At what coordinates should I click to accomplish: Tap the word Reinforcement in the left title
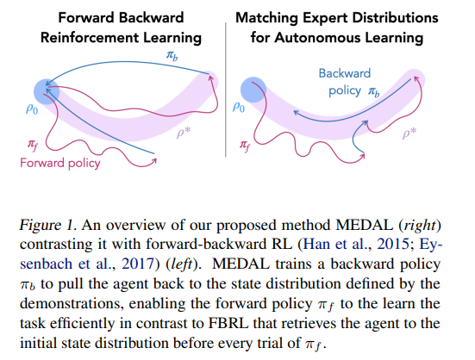(x=90, y=38)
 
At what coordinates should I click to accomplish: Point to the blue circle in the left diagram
(x=47, y=91)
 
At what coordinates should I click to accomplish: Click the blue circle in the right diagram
(x=253, y=90)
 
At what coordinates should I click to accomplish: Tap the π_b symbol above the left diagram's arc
(x=172, y=56)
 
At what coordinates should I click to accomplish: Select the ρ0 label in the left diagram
(x=32, y=109)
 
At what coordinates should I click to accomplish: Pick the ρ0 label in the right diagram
(x=239, y=107)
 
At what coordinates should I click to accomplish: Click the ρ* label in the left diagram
(x=184, y=133)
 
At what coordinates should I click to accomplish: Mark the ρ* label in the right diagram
(x=409, y=133)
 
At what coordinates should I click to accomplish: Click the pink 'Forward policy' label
(x=60, y=164)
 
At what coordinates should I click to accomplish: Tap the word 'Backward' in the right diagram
(x=345, y=73)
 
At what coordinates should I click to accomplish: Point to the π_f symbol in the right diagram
(x=245, y=146)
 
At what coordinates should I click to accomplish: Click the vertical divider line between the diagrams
(x=226, y=90)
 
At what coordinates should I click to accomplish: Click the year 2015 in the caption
(x=393, y=245)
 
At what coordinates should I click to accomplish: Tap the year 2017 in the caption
(x=138, y=264)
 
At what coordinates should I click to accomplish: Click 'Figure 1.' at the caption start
(x=48, y=226)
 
